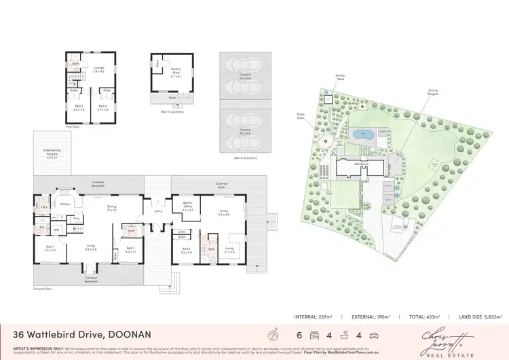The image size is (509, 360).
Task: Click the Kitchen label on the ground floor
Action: (65, 203)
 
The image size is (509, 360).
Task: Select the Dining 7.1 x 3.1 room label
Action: (111, 209)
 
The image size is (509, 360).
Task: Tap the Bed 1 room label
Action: (50, 248)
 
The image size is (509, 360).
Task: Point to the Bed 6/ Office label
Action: (188, 206)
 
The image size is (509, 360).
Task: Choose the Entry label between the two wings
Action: (158, 211)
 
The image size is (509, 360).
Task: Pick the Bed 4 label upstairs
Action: (102, 107)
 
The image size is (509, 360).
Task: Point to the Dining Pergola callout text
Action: (433, 91)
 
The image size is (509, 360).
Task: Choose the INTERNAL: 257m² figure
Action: (318, 317)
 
